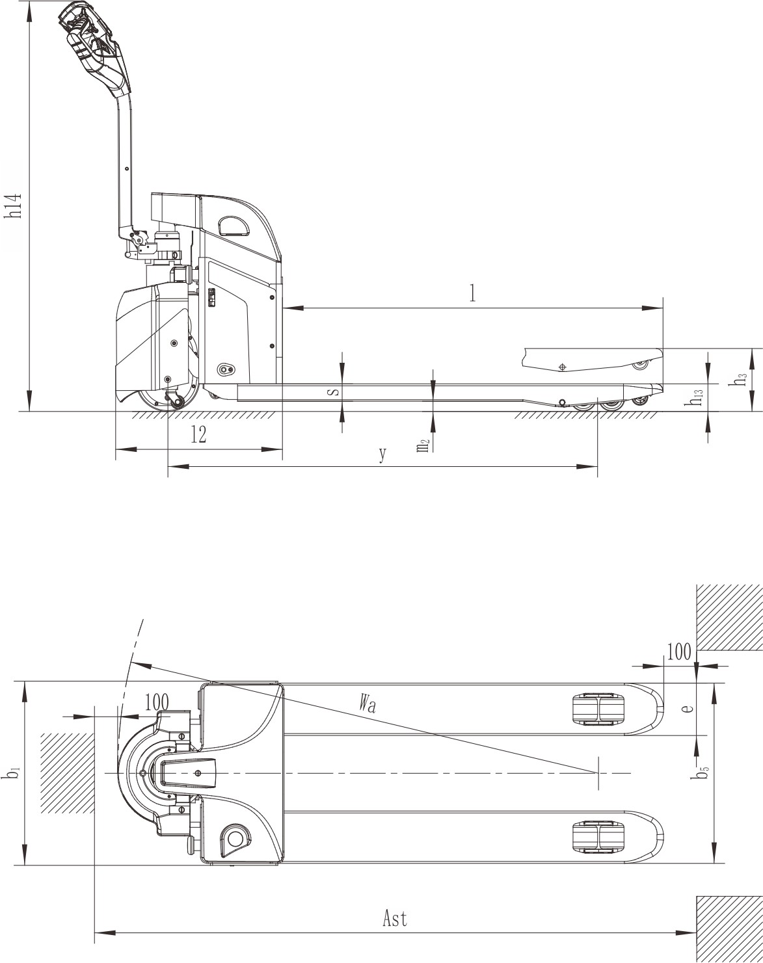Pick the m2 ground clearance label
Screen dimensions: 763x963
(423, 445)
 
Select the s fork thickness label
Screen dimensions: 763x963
(334, 392)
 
